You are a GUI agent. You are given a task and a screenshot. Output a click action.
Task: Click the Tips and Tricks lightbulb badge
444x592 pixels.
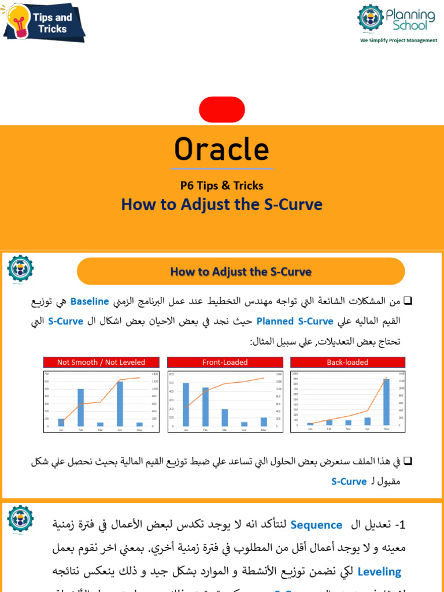tap(43, 22)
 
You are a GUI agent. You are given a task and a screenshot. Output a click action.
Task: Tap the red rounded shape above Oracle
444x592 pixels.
tap(222, 110)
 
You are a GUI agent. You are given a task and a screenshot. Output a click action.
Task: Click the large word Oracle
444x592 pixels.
tap(222, 150)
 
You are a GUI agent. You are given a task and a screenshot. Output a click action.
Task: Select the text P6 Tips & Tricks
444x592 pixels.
tap(222, 186)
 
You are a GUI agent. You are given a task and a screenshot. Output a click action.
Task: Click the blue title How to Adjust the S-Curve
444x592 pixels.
tap(222, 205)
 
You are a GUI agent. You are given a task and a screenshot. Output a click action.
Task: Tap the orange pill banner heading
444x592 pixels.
tap(240, 272)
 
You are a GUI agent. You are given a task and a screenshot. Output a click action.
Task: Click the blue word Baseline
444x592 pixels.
tap(90, 302)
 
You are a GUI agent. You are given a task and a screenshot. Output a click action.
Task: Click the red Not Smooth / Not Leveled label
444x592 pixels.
tap(101, 362)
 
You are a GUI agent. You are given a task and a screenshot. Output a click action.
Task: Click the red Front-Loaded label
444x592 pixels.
tap(225, 362)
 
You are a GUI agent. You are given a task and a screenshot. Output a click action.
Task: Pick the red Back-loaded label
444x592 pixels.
tap(347, 362)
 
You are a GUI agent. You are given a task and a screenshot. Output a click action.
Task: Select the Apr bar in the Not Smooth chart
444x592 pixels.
tap(120, 404)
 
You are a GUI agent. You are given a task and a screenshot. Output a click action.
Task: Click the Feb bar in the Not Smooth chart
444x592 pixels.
tap(81, 408)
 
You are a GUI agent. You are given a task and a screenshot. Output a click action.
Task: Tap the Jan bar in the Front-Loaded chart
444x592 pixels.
tap(186, 405)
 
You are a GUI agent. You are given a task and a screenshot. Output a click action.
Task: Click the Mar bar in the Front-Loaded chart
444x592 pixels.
tap(225, 417)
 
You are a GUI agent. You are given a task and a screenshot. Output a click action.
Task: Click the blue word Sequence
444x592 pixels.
tap(316, 525)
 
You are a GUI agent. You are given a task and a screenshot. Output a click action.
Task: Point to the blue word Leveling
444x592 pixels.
tap(379, 572)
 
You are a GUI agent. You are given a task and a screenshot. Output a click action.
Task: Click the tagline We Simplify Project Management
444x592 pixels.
tap(398, 41)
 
